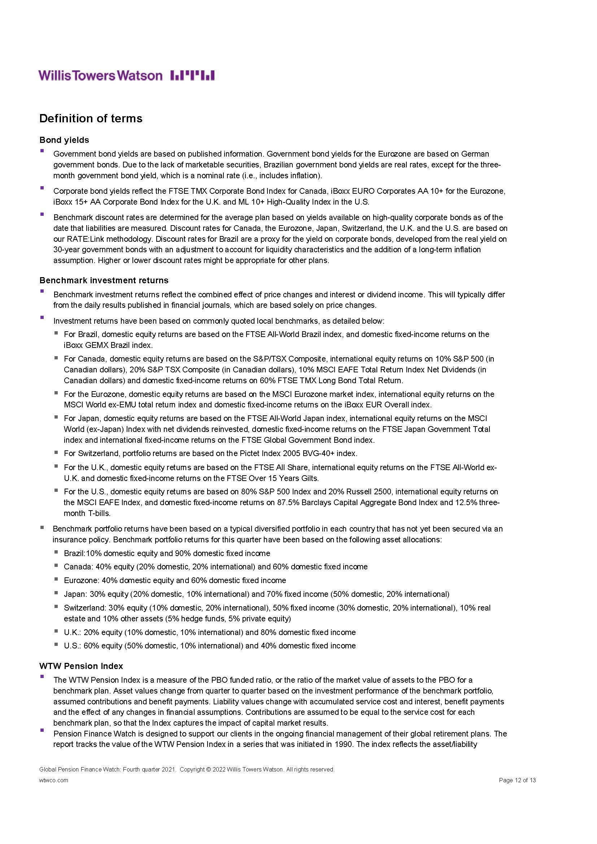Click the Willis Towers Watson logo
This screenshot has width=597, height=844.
pos(126,76)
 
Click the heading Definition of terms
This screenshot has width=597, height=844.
pos(91,118)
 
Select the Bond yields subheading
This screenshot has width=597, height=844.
pos(64,140)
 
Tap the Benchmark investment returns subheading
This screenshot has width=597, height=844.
pos(104,280)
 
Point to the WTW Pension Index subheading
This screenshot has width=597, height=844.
pos(81,666)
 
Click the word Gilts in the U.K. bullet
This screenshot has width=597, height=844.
pos(309,478)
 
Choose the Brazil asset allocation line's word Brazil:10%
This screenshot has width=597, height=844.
pos(85,553)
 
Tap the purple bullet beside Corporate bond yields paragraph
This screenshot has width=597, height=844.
pos(42,188)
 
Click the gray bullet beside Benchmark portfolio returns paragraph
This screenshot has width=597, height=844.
pos(42,527)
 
